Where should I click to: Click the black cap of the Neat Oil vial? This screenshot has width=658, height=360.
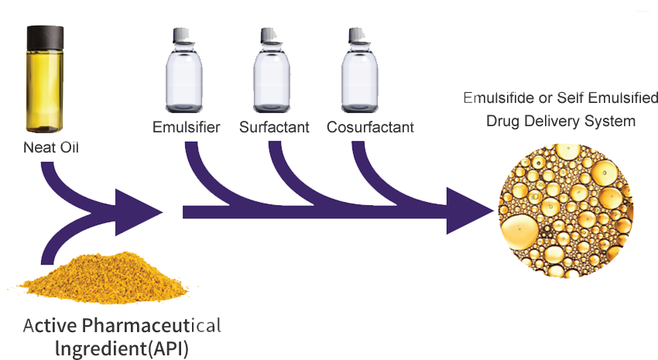46,36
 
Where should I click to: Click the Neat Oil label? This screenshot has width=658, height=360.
51,147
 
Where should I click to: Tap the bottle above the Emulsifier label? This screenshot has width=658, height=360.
183,70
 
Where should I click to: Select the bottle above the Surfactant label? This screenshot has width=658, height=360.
272,70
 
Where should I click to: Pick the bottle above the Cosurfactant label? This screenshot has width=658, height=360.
360,70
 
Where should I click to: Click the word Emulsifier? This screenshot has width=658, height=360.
187,127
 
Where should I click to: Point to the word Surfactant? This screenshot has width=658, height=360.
274,127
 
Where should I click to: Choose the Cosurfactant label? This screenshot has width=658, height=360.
370,127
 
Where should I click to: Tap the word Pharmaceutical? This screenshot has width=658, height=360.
152,325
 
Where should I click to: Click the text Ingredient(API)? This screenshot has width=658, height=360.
122,348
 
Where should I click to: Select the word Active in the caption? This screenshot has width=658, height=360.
50,325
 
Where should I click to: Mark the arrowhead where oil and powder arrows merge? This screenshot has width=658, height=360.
139,212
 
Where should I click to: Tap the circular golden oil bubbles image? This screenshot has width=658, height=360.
566,211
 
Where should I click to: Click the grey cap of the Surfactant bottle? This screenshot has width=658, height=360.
270,36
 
